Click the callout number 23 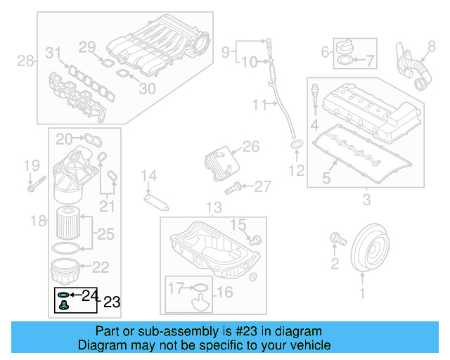112,303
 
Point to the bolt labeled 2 337,240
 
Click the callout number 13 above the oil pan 213,208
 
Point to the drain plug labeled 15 255,240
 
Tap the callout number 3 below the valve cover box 366,201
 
